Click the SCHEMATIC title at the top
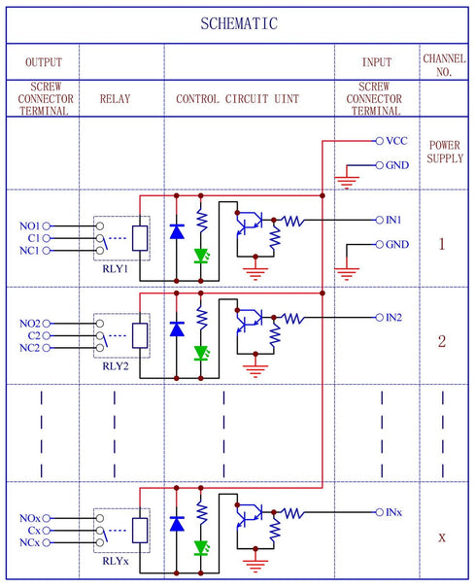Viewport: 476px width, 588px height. point(238,24)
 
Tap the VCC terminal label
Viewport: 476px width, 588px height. point(396,141)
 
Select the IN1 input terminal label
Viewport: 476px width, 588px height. point(395,221)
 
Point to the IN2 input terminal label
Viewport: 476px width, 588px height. point(395,318)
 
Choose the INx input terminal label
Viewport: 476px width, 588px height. point(394,512)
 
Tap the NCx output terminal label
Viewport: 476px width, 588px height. point(29,542)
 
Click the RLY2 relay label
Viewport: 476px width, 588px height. point(117,368)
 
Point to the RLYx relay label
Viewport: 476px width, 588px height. point(117,563)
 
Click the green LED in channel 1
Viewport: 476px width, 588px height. point(201,257)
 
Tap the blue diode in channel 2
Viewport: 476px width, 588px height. point(177,329)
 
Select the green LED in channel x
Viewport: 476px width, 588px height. point(201,548)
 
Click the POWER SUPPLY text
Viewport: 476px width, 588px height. point(445,152)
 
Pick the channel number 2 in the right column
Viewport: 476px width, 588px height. point(442,342)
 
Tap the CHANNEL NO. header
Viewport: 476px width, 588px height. point(445,64)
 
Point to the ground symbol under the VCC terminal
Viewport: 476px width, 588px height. point(344,179)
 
